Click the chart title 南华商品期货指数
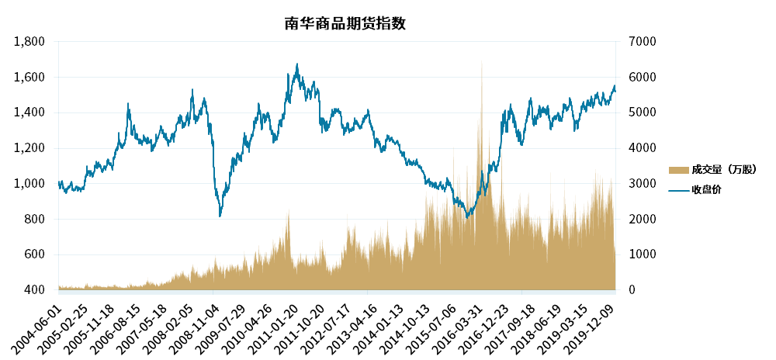click(x=345, y=23)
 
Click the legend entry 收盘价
click(x=706, y=189)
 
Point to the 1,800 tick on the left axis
click(x=30, y=42)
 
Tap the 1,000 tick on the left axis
click(x=30, y=184)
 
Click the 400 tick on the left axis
click(x=35, y=290)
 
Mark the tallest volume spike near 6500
click(x=482, y=62)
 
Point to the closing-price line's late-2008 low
click(x=220, y=215)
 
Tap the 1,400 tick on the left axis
click(x=30, y=112)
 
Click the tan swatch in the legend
click(x=678, y=170)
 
